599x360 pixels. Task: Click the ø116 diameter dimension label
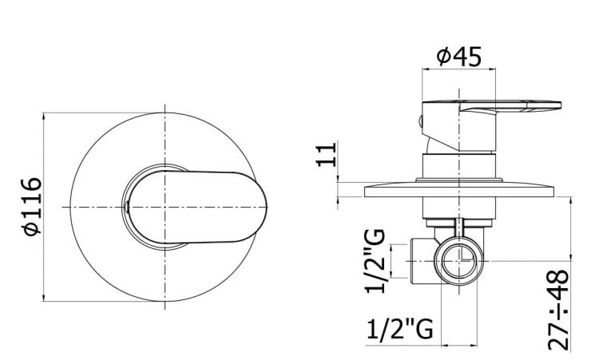point(32,206)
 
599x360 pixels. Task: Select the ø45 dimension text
point(458,57)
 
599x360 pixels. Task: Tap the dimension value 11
point(327,154)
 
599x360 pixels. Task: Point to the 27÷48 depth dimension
point(559,310)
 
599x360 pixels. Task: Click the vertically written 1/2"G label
point(375,261)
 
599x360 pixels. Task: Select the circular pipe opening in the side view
point(459,261)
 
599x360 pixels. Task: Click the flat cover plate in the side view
point(458,192)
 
